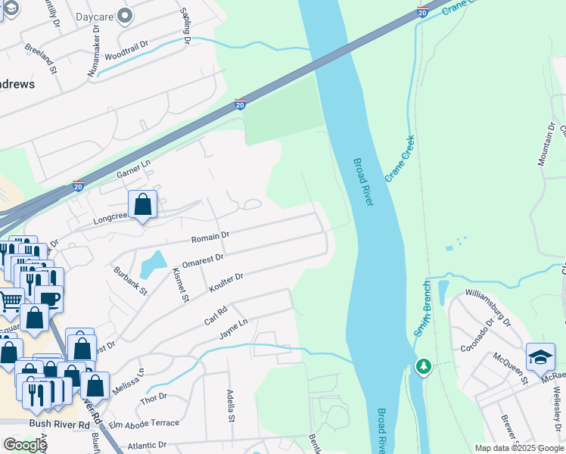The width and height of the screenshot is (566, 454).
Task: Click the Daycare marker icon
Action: pyautogui.click(x=126, y=15)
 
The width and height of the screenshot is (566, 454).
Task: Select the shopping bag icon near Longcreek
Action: pyautogui.click(x=142, y=204)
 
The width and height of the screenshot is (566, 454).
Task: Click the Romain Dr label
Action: pyautogui.click(x=210, y=238)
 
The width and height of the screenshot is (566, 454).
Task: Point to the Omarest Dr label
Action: pyautogui.click(x=204, y=259)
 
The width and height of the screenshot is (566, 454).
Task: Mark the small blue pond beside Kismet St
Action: pyautogui.click(x=154, y=264)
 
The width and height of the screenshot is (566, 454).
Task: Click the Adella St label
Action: pyautogui.click(x=230, y=406)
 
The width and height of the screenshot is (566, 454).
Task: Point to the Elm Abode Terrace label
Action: pyautogui.click(x=144, y=423)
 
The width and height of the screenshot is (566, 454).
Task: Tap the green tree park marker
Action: pyautogui.click(x=424, y=367)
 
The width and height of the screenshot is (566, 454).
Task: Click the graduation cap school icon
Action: pyautogui.click(x=540, y=356)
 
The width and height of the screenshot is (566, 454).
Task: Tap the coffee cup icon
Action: pyautogui.click(x=49, y=298)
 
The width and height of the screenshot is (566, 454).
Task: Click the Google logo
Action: pyautogui.click(x=25, y=445)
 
